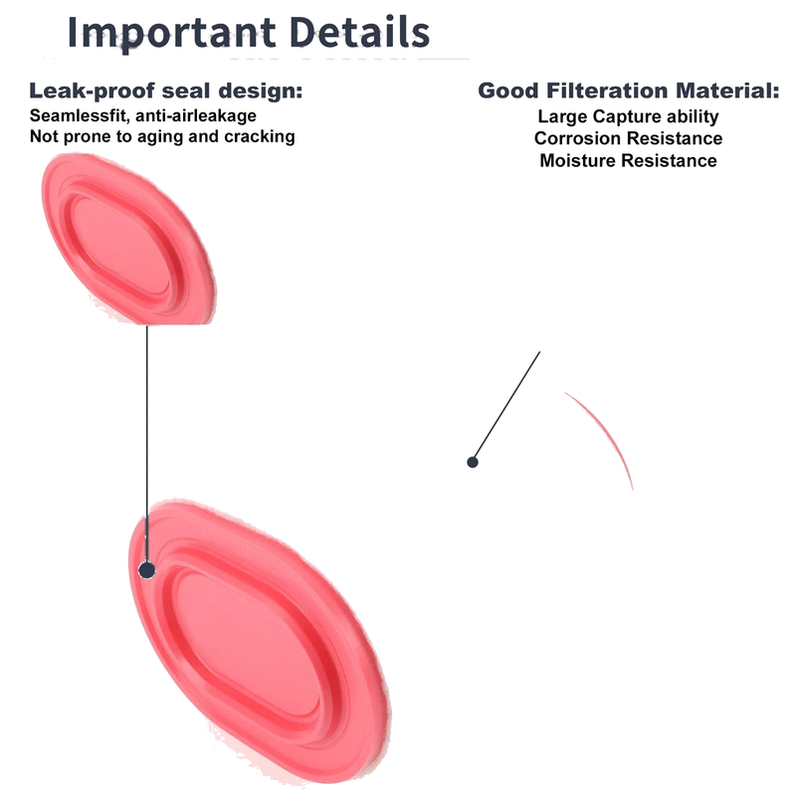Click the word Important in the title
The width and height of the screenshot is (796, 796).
click(171, 33)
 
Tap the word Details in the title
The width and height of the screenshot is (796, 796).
click(359, 32)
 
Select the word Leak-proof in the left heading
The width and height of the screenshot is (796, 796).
click(92, 91)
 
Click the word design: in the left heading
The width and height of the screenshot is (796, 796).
click(261, 91)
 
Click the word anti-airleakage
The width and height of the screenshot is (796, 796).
click(196, 115)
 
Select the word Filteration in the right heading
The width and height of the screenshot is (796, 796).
click(607, 91)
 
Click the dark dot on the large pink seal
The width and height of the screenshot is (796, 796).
click(147, 570)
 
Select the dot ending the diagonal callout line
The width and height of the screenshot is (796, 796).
click(473, 462)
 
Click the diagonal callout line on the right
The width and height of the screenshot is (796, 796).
click(506, 406)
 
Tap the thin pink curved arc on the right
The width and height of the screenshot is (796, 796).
click(607, 431)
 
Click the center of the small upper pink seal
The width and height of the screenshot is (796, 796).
click(128, 239)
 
